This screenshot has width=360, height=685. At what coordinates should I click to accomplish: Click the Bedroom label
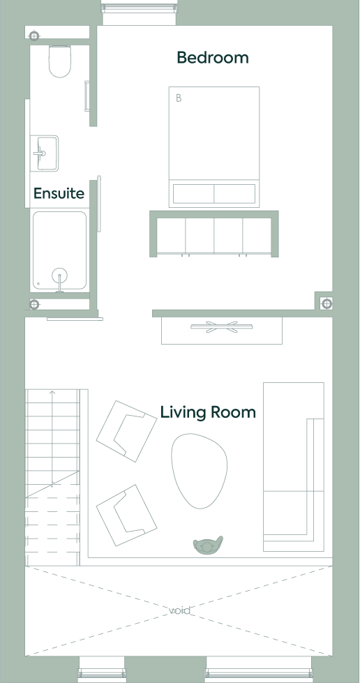pyautogui.click(x=213, y=58)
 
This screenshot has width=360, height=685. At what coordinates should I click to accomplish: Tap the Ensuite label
pyautogui.click(x=59, y=193)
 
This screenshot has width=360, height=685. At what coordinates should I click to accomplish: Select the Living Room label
pyautogui.click(x=208, y=412)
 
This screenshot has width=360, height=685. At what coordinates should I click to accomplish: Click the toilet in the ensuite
pyautogui.click(x=60, y=61)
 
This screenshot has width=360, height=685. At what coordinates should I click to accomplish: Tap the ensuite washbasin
pyautogui.click(x=45, y=153)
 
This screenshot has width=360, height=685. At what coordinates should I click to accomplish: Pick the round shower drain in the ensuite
pyautogui.click(x=60, y=276)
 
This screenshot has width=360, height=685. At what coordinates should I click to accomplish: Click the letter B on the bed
pyautogui.click(x=178, y=98)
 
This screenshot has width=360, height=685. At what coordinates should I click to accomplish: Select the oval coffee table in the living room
pyautogui.click(x=200, y=471)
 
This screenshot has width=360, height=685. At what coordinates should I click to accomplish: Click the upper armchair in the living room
pyautogui.click(x=126, y=431)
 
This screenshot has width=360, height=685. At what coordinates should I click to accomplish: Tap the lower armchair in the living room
pyautogui.click(x=126, y=515)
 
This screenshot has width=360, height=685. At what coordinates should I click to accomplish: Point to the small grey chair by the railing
pyautogui.click(x=208, y=545)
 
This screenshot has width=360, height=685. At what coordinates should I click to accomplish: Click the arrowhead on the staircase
pyautogui.click(x=52, y=393)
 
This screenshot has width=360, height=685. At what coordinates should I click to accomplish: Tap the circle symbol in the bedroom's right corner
pyautogui.click(x=327, y=303)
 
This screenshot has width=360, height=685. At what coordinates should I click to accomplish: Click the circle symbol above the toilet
pyautogui.click(x=34, y=36)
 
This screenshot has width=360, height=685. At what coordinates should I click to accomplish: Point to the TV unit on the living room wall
pyautogui.click(x=221, y=331)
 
